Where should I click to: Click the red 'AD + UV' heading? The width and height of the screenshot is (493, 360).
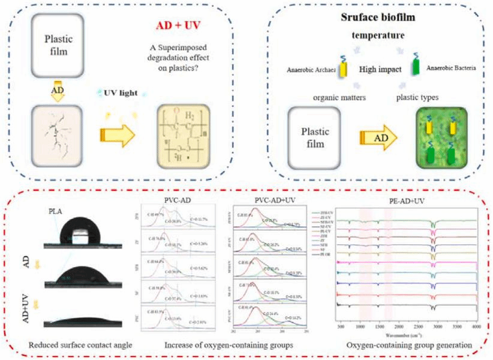(x=179, y=26)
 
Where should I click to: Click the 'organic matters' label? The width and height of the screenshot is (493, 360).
(x=325, y=95)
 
